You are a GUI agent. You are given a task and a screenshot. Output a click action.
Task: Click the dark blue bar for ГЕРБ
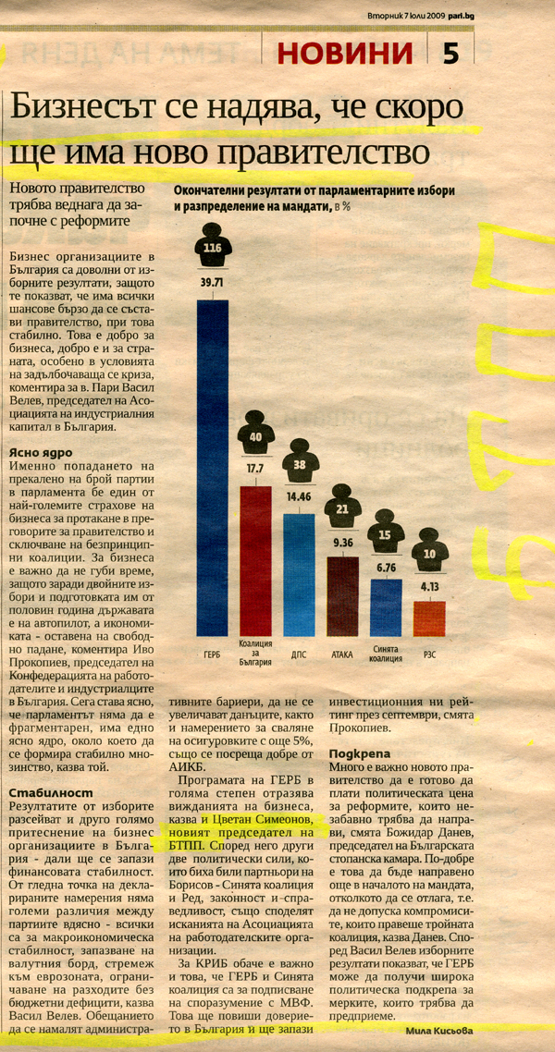pos(212,468)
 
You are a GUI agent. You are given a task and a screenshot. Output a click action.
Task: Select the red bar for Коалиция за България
pos(255,561)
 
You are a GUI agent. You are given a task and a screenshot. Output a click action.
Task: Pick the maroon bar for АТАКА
pos(342,596)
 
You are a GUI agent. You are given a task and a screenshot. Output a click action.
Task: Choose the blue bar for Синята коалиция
pos(387,608)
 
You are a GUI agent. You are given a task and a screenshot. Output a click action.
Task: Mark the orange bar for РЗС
pos(429,618)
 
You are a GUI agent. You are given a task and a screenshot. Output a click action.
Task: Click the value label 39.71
pos(212,282)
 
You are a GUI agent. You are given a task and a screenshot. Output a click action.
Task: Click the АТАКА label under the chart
pos(342,654)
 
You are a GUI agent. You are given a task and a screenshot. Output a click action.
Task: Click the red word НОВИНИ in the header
pos(345,53)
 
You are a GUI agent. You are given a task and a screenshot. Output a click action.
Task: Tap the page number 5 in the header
pos(451,53)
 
